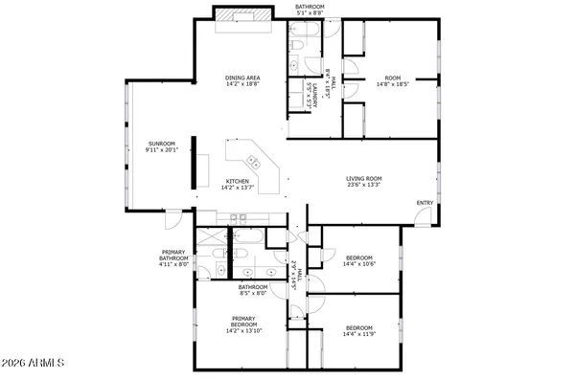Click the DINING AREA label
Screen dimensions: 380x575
click(x=243, y=78)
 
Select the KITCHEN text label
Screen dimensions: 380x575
click(x=238, y=181)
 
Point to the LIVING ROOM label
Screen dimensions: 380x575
click(x=364, y=178)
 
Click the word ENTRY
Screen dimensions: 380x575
click(x=424, y=203)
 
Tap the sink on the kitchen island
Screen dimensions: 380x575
click(x=253, y=160)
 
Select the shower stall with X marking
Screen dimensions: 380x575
click(x=207, y=239)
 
